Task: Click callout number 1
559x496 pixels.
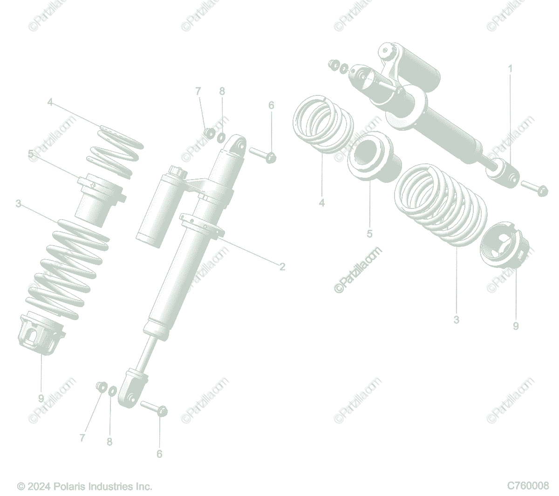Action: (x=510, y=69)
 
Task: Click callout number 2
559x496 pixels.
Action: (x=282, y=267)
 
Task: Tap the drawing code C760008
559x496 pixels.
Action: (x=528, y=485)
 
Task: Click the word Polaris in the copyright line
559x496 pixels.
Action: (x=69, y=486)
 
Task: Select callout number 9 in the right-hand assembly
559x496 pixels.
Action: (x=515, y=327)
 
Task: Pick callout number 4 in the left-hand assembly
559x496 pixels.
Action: (x=50, y=102)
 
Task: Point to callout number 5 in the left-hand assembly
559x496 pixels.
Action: (x=31, y=154)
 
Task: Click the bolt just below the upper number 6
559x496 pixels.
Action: (x=263, y=155)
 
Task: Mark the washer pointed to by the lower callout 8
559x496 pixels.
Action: (x=112, y=391)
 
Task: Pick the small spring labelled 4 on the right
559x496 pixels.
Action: (x=322, y=124)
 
